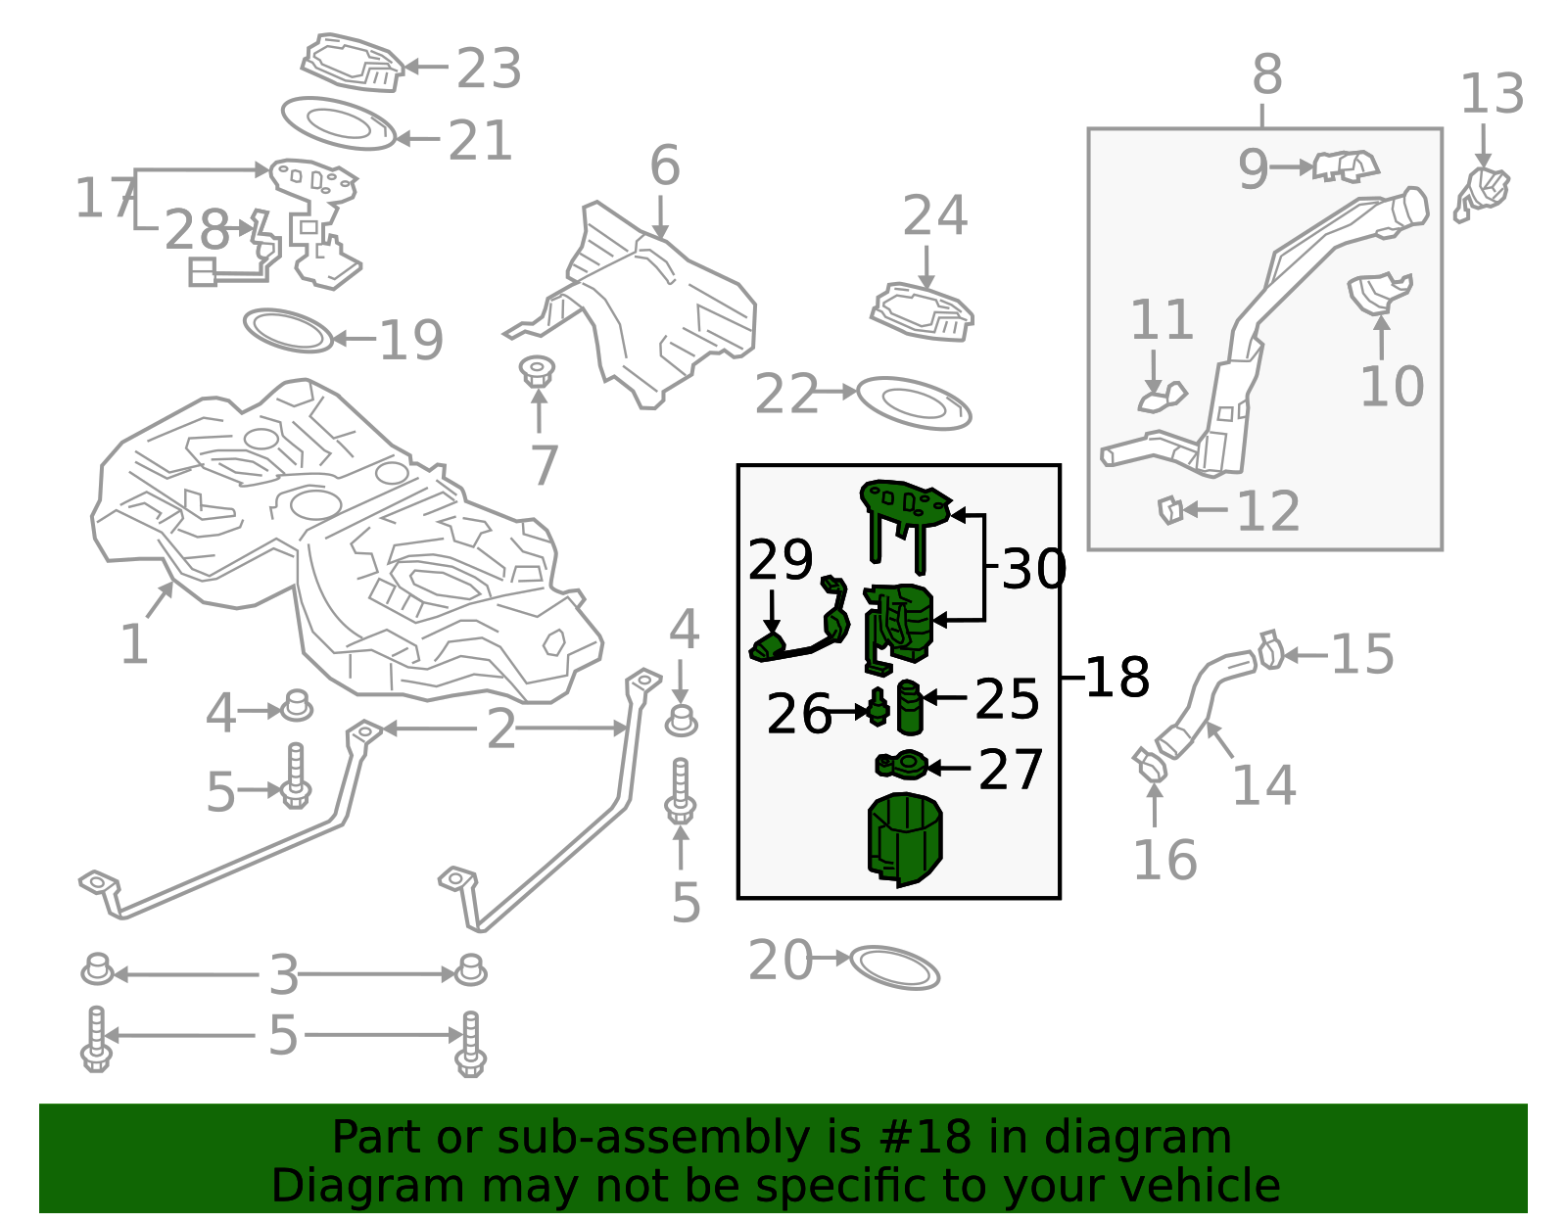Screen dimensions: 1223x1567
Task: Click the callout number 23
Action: pyautogui.click(x=489, y=69)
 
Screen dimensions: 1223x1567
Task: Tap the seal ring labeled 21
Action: pyautogui.click(x=339, y=122)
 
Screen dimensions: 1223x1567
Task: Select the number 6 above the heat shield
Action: pyautogui.click(x=664, y=165)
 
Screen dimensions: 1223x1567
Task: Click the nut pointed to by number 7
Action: pyautogui.click(x=537, y=372)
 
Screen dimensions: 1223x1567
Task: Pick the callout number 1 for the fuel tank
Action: pyautogui.click(x=133, y=644)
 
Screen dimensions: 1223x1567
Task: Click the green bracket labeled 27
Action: pyautogui.click(x=902, y=764)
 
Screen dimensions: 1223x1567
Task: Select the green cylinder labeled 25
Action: pyautogui.click(x=910, y=706)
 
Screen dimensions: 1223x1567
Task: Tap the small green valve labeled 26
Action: pyautogui.click(x=878, y=706)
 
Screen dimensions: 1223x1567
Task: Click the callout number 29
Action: pyautogui.click(x=780, y=560)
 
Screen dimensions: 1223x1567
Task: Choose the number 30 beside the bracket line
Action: pyautogui.click(x=1033, y=570)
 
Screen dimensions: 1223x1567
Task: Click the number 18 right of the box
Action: pyautogui.click(x=1116, y=677)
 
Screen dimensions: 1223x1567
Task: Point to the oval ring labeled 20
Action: pyautogui.click(x=894, y=967)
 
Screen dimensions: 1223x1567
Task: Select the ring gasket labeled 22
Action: pyautogui.click(x=914, y=403)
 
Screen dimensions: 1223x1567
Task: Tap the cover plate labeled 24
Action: pyautogui.click(x=922, y=311)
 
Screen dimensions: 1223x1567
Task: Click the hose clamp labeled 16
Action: pyautogui.click(x=1150, y=765)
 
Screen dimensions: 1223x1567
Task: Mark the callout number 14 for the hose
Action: pyautogui.click(x=1263, y=785)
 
